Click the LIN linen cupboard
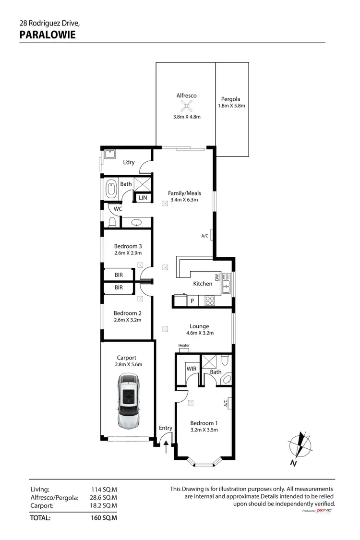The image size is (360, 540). pos(143,198)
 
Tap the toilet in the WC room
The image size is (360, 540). pos(112,222)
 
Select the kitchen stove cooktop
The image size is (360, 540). pos(210,301)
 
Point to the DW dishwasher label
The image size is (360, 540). pos(217,277)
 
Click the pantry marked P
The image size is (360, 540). pos(192,301)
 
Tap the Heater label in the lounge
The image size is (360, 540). pos(184,346)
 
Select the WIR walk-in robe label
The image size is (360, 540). pos(191,369)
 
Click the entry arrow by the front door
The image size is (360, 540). pos(166,447)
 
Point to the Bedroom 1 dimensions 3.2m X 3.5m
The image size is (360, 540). pos(204,430)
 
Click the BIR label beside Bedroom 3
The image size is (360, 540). pos(119,275)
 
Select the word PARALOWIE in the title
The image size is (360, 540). pos(48,34)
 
